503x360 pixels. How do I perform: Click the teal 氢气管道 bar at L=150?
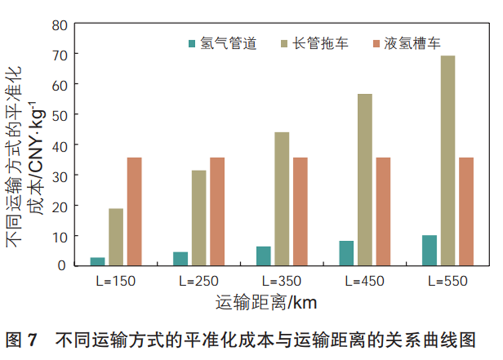[98, 261]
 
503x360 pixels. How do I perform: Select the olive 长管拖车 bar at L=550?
[448, 161]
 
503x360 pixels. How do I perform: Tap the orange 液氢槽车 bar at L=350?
[300, 211]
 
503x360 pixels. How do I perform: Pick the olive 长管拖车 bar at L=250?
[199, 218]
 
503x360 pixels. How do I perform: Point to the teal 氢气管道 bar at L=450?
[347, 253]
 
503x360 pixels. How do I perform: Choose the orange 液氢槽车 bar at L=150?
[134, 211]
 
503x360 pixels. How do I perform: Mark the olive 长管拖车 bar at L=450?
[365, 179]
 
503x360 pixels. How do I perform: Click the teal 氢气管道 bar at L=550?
[430, 250]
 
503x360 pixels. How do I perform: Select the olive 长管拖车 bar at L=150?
[116, 237]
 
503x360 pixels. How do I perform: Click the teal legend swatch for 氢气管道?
[192, 44]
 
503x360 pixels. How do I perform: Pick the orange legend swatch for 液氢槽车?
[375, 44]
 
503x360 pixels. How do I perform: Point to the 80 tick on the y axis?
[60, 25]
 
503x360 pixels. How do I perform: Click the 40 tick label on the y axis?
[60, 145]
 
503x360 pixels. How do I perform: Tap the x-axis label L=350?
[282, 281]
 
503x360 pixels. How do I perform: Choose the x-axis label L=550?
[448, 281]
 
